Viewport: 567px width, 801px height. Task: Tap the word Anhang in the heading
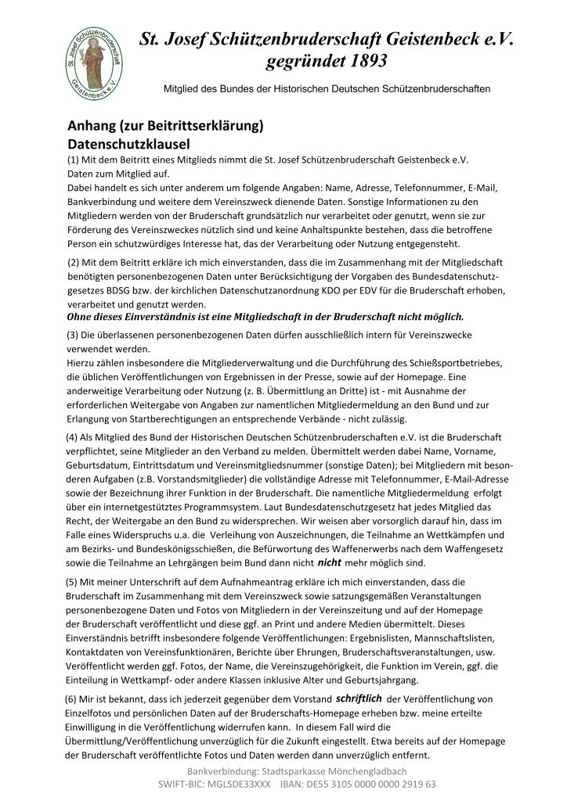coord(92,127)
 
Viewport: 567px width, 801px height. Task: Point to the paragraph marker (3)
coord(74,335)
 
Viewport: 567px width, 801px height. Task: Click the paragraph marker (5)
coord(74,582)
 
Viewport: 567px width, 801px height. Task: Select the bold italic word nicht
coord(329,562)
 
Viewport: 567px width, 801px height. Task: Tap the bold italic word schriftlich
coord(359,698)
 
